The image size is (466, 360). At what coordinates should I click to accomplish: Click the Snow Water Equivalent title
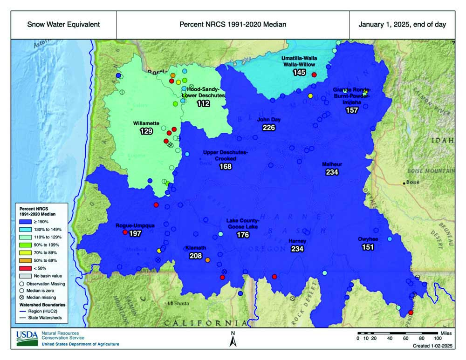click(63, 25)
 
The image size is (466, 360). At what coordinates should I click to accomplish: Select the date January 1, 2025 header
click(402, 25)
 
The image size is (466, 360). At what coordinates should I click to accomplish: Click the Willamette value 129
click(146, 132)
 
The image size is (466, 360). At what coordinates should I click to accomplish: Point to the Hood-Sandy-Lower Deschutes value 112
click(203, 103)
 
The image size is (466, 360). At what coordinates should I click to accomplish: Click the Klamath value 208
click(196, 256)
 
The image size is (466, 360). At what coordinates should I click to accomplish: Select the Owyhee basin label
click(368, 239)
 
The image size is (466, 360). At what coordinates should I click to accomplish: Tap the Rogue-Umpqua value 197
click(135, 233)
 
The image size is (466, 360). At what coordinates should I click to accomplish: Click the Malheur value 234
click(332, 172)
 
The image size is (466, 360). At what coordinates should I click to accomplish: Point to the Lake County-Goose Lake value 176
click(243, 235)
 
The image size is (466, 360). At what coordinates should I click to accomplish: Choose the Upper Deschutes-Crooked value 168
click(226, 166)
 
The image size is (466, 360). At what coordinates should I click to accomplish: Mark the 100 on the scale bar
click(438, 339)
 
